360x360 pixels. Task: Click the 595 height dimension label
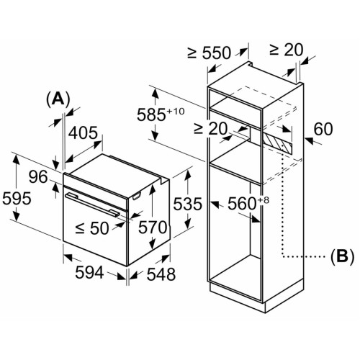point(17,199)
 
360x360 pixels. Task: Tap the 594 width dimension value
point(89,272)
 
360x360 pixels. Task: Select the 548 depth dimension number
point(161,274)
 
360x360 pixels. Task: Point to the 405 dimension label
point(84,132)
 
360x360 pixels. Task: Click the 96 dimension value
point(38,177)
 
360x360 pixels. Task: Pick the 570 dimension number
point(153,228)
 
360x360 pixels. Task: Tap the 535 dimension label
point(188,204)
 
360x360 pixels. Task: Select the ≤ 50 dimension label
point(92,228)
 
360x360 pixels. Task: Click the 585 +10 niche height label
point(161,114)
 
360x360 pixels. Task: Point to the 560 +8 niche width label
point(248,203)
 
